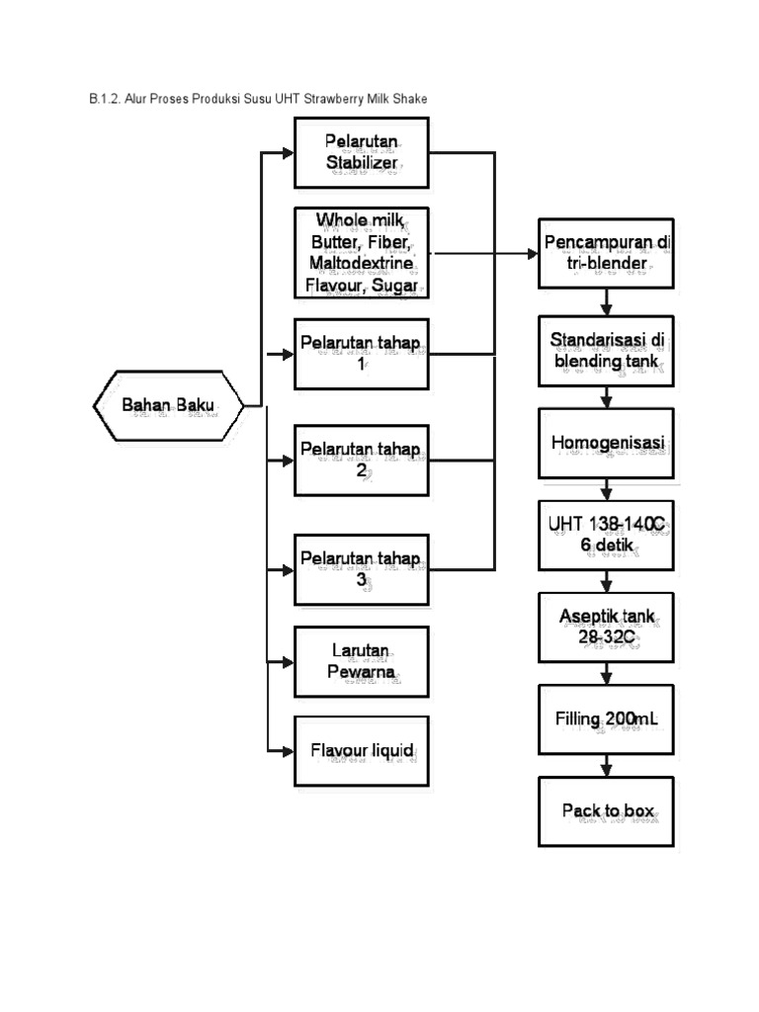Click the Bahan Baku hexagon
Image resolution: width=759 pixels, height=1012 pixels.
167,405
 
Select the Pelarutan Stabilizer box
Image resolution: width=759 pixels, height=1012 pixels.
362,152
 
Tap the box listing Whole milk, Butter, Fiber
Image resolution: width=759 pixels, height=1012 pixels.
362,253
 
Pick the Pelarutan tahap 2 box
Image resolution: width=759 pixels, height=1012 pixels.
362,460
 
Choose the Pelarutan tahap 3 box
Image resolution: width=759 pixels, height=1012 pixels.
362,568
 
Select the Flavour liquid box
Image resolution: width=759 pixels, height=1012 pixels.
362,750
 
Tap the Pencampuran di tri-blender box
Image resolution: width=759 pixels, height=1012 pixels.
606,253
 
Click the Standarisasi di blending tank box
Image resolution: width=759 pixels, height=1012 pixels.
606,351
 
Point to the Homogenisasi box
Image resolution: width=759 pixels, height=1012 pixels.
606,444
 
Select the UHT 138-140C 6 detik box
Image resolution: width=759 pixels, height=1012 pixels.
606,535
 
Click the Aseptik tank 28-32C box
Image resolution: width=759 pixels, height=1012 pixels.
606,627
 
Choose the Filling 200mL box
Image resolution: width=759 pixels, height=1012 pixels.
606,719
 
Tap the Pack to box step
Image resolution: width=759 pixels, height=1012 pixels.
606,811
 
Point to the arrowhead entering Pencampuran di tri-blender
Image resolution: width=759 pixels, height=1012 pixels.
531,253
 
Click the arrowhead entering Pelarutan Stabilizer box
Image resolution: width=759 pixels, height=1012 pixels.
288,153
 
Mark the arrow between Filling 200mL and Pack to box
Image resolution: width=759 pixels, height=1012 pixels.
606,766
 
